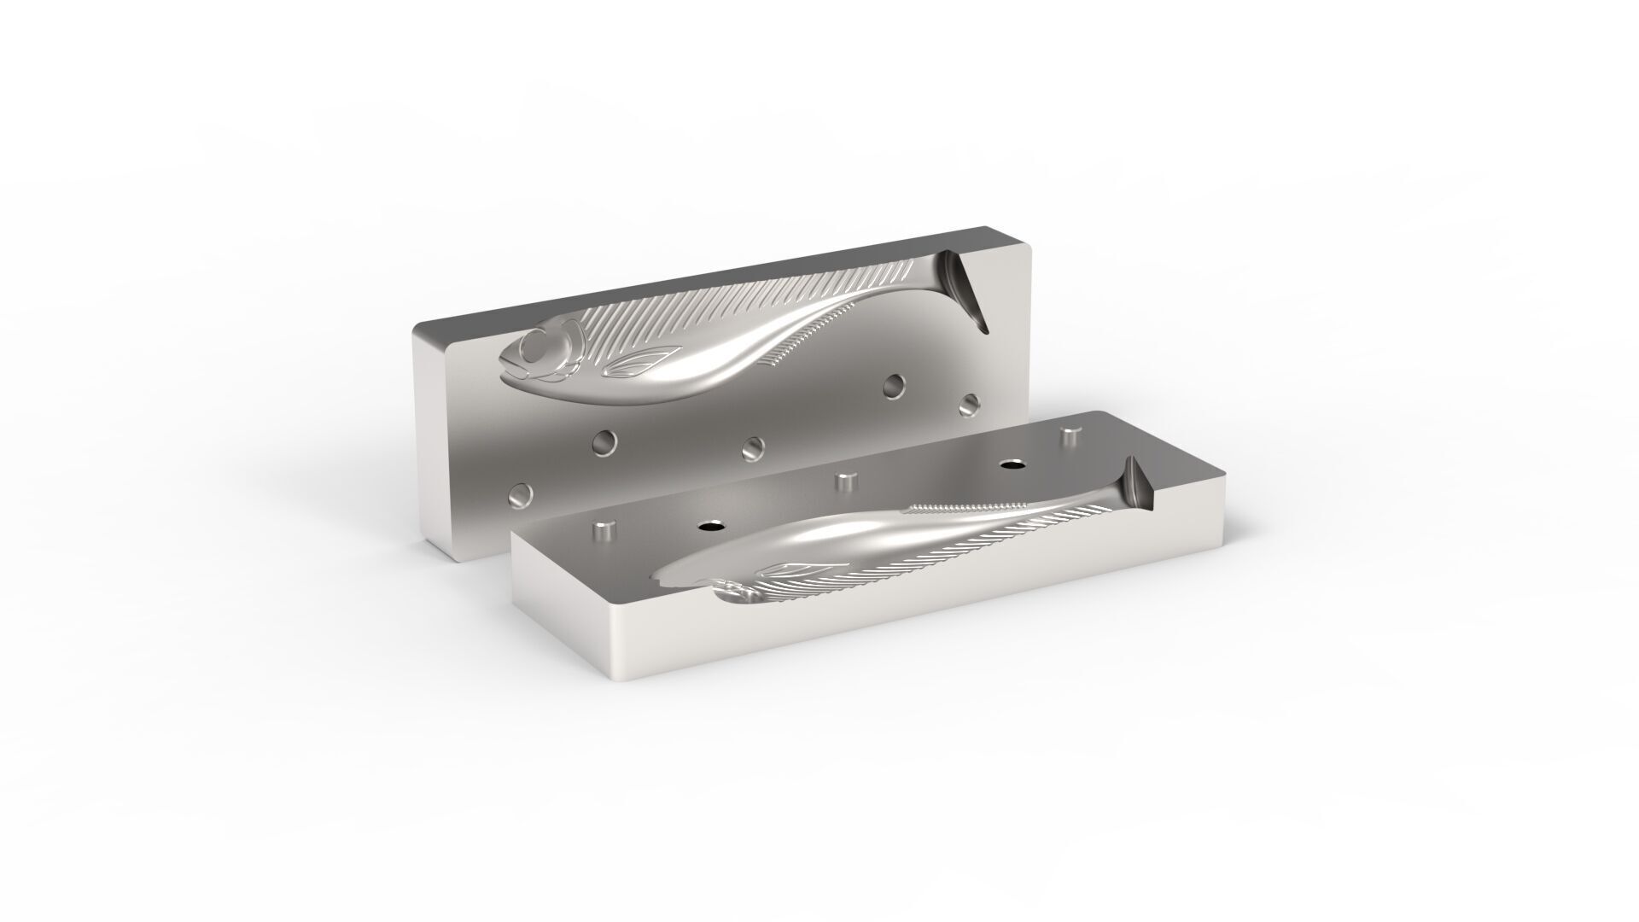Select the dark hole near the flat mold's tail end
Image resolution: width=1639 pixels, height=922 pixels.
(1012, 465)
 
